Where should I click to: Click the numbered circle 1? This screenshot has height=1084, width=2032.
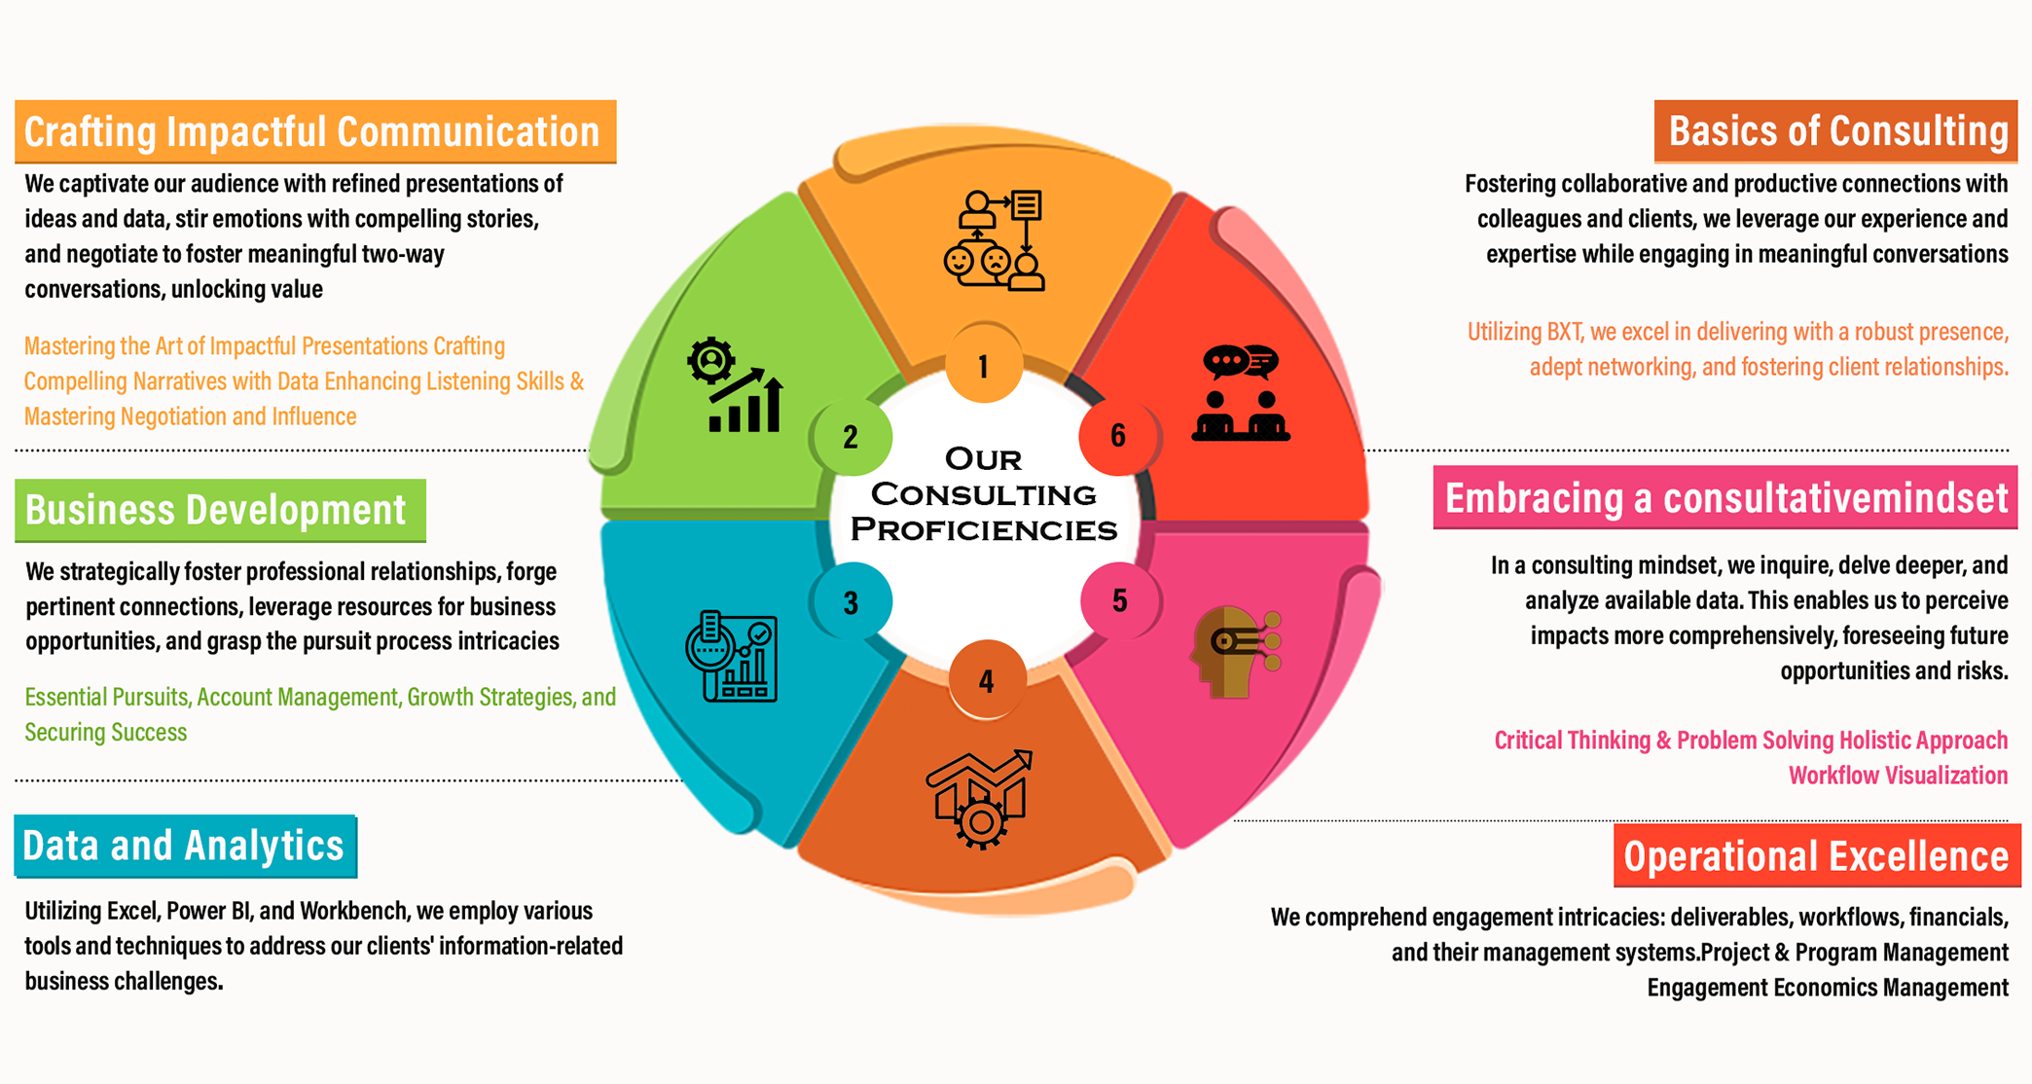pos(984,365)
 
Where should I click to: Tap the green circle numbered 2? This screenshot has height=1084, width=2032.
pos(851,436)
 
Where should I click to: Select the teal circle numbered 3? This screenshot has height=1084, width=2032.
pos(851,602)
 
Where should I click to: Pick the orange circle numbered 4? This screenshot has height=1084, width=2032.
pos(986,680)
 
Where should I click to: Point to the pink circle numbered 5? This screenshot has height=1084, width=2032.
pos(1119,600)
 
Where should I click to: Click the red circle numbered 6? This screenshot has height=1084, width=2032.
pos(1118,435)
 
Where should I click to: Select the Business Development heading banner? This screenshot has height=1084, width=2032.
pos(220,510)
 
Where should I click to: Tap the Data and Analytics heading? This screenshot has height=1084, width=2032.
pos(185,846)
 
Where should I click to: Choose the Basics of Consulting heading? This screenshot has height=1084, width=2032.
pos(1835,131)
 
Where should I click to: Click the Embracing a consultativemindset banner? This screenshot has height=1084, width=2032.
pos(1724,498)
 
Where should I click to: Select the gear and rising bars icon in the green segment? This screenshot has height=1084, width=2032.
pos(735,385)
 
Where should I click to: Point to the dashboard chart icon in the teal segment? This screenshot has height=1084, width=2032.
pos(732,656)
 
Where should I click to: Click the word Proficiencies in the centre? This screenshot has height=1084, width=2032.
pos(984,529)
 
